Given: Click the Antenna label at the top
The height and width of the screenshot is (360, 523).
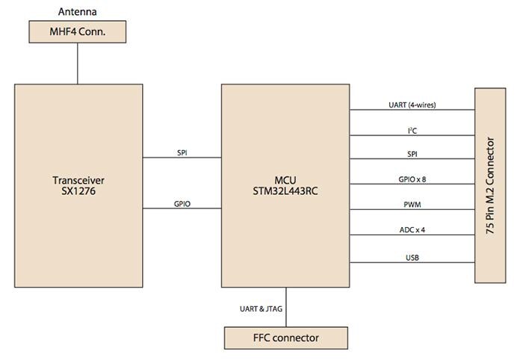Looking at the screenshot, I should [78, 11].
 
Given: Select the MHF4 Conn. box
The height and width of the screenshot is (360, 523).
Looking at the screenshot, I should [78, 32].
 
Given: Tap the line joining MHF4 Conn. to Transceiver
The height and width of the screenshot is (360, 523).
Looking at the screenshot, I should [78, 63].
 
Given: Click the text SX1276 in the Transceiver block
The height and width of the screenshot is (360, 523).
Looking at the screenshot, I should [78, 192].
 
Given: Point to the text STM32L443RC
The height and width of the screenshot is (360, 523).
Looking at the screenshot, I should [285, 192].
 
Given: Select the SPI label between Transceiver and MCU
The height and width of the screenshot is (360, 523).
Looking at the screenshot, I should [182, 152].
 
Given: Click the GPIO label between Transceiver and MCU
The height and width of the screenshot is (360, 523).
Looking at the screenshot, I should [182, 202].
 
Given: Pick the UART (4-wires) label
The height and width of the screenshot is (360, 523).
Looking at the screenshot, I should [412, 105].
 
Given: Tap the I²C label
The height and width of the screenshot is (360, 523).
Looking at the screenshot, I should [412, 130].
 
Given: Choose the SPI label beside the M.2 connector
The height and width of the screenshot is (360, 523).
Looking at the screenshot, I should [412, 155].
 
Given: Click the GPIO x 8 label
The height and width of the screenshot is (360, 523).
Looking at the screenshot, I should [412, 180].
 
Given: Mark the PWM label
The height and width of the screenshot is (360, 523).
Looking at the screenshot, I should [412, 205].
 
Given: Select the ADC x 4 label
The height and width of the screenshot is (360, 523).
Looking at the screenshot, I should [412, 230].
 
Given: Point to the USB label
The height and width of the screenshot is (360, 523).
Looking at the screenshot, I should [412, 256].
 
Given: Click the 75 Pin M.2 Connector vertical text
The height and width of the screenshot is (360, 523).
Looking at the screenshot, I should [490, 185].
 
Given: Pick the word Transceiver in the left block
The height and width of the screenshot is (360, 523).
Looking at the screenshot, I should [78, 180].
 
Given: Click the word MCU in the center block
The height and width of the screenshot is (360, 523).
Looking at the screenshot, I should [285, 180].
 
